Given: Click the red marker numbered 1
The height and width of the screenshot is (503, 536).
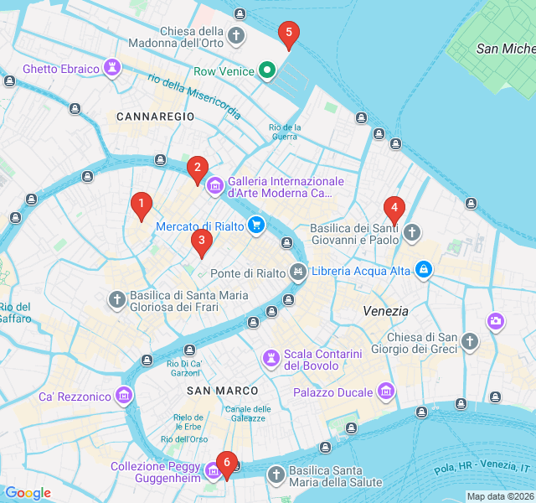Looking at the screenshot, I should (141, 204).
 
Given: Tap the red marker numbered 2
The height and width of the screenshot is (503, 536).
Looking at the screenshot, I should (197, 168).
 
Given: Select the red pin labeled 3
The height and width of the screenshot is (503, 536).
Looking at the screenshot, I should (201, 241).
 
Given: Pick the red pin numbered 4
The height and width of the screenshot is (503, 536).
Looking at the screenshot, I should (394, 208).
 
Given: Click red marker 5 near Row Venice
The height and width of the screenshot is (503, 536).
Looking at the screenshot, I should (289, 34).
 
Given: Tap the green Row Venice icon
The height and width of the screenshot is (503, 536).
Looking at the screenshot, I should (266, 70).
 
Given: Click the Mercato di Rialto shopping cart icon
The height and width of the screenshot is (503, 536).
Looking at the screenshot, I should (256, 225).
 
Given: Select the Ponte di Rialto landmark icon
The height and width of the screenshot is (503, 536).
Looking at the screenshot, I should (297, 272).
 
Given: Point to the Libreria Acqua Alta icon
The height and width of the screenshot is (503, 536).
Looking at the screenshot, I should (424, 269).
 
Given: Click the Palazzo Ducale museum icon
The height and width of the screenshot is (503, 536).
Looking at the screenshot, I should (385, 391).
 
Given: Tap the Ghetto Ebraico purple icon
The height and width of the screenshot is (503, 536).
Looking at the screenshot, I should (112, 67).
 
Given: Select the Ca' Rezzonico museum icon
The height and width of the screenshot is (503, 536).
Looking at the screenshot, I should (125, 395).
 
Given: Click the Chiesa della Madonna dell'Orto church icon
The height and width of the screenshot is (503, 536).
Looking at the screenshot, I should (237, 35).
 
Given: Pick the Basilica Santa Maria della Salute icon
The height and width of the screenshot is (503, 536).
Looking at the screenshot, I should (276, 475).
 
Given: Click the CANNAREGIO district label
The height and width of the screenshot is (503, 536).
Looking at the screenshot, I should (149, 116).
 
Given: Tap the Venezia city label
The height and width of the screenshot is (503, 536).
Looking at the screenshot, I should (385, 311).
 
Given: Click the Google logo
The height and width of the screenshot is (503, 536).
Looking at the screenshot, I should (28, 493).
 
